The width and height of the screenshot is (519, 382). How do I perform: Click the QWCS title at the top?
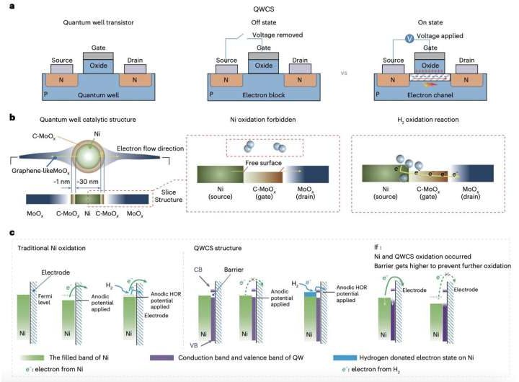pos(259,9)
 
